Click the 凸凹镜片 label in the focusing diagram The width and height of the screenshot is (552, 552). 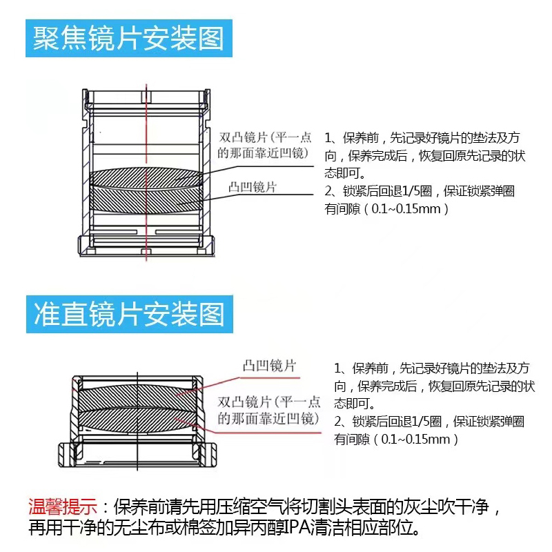click(253, 187)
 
